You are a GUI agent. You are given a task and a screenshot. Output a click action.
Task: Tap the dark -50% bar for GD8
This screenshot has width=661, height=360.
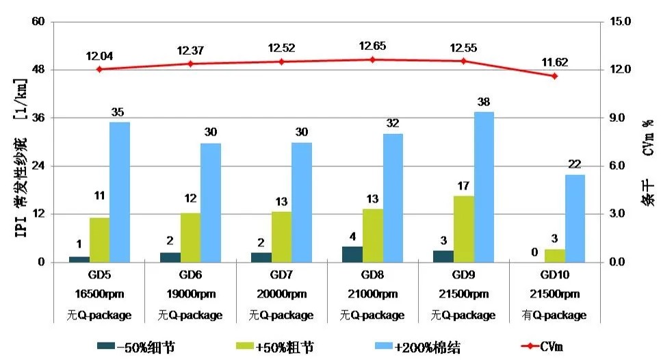click(352, 254)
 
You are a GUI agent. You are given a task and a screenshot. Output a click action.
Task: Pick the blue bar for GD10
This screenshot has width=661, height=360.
click(575, 218)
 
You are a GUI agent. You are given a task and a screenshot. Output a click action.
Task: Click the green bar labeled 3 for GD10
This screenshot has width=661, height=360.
click(555, 255)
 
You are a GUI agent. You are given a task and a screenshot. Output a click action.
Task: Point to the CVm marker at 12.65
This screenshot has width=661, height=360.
click(372, 60)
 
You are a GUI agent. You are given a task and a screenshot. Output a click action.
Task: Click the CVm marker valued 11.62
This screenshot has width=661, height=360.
click(554, 75)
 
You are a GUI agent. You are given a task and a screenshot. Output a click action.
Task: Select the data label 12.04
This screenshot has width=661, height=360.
click(99, 55)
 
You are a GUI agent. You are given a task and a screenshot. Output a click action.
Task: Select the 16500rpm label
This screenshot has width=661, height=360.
click(99, 295)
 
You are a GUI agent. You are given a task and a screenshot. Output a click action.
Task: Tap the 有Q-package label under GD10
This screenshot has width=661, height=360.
click(554, 316)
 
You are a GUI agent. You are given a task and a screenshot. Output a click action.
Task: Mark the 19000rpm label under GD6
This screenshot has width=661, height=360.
click(190, 295)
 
